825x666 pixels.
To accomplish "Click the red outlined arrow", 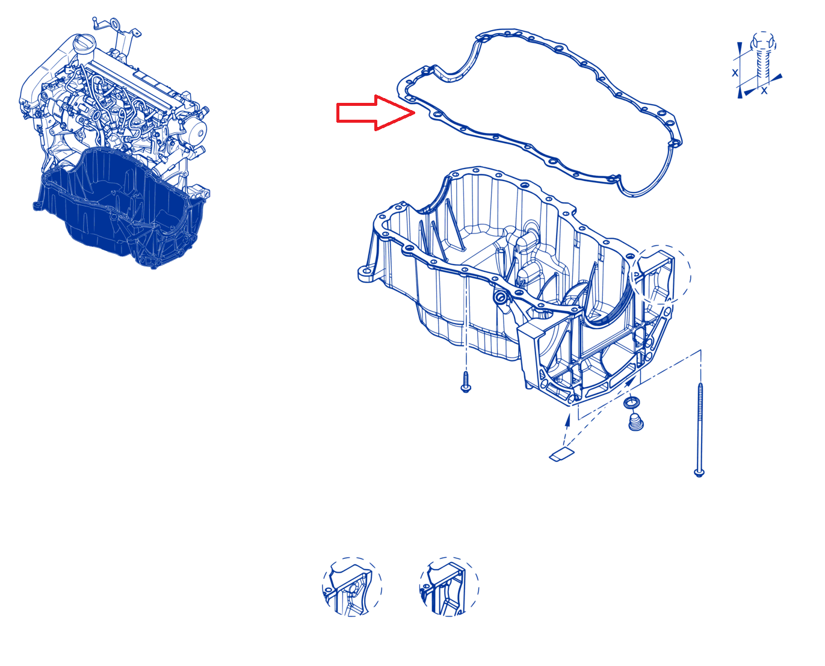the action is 374,113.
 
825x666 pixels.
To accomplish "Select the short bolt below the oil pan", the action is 466,382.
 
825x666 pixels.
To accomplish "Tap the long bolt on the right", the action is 699,430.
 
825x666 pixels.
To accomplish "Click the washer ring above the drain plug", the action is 632,402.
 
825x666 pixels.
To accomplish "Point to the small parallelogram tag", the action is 561,454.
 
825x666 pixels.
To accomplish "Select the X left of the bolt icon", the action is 735,72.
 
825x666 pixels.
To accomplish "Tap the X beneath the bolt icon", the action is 764,91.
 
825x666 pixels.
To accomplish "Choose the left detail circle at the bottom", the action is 351,586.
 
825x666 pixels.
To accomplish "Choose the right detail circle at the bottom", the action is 449,586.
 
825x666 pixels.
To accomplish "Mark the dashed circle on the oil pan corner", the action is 660,274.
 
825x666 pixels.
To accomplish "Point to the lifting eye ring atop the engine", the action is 115,23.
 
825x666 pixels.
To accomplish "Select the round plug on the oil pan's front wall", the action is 500,297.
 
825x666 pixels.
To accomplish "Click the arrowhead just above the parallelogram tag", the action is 568,420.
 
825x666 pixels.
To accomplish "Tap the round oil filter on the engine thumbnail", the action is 197,132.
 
